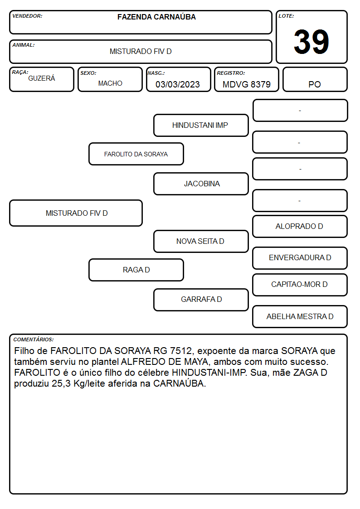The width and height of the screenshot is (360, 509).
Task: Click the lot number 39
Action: (311, 42)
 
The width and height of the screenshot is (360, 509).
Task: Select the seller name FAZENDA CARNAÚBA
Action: (156, 17)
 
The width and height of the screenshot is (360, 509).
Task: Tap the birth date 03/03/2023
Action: (178, 84)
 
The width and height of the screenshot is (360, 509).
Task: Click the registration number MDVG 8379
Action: (246, 84)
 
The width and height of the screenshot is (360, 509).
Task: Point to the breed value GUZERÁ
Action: (42, 78)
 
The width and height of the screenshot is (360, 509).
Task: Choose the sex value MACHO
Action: (110, 83)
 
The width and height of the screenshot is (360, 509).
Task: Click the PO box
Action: (315, 79)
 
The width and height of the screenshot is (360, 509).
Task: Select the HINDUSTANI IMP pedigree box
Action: (201, 125)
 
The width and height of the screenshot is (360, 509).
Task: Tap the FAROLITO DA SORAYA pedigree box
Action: (136, 154)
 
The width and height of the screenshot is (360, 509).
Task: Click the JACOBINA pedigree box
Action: (201, 184)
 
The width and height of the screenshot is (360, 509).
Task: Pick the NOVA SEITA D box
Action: (201, 241)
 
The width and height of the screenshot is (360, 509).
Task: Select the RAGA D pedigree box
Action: (136, 270)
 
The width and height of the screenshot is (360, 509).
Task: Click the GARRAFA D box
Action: (201, 300)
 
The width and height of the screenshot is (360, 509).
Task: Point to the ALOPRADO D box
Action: (300, 226)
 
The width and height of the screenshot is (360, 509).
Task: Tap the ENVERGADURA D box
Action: (300, 258)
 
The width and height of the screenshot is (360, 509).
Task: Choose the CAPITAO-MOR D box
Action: (300, 285)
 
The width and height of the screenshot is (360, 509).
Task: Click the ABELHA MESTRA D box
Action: (300, 316)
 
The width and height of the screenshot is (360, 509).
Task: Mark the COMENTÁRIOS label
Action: (34, 339)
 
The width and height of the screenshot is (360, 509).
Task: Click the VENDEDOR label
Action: (27, 16)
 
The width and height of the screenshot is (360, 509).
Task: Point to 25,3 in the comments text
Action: (61, 384)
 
